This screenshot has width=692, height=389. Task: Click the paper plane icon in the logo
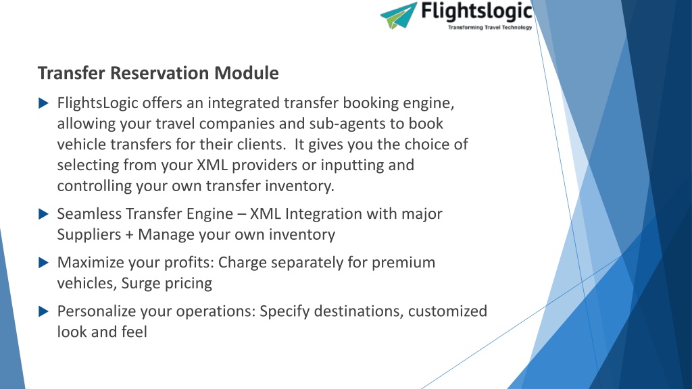point(399,16)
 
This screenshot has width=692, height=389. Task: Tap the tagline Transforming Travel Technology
point(490,27)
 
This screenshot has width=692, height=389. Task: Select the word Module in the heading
point(247,73)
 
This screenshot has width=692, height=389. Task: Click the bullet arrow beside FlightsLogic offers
point(43,103)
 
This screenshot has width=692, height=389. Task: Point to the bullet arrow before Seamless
point(43,214)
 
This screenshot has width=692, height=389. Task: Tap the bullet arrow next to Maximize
point(43,263)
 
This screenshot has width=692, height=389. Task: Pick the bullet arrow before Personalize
point(43,311)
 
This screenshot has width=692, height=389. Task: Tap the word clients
point(262,145)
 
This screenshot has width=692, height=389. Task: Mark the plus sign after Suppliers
point(129,235)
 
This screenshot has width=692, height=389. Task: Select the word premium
point(403,263)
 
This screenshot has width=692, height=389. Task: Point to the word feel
point(134,332)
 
